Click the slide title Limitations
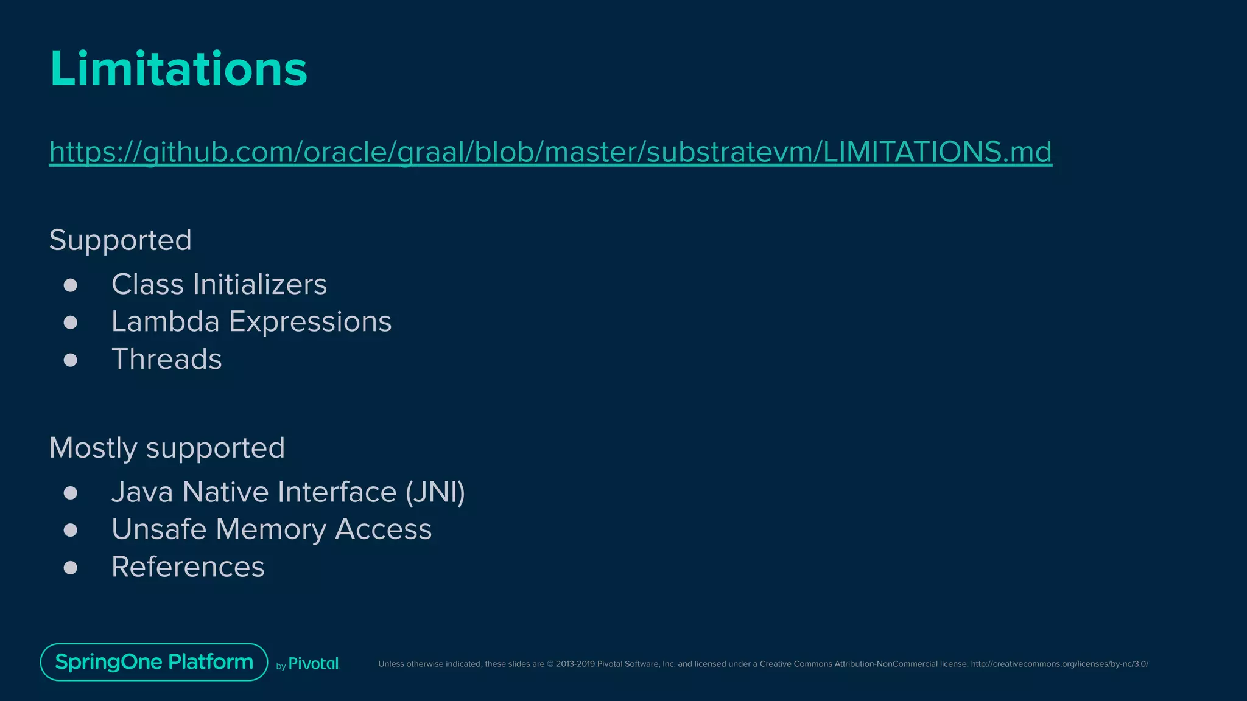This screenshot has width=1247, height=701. (178, 68)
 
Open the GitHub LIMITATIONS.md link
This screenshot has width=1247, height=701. (550, 152)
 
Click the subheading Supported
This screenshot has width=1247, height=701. (120, 240)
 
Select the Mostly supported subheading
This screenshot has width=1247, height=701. (167, 448)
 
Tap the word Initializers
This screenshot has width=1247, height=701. (260, 285)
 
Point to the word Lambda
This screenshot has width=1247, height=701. (165, 321)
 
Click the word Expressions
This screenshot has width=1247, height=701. (310, 323)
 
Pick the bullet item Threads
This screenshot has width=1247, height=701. (166, 359)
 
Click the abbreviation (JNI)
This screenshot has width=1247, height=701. (435, 492)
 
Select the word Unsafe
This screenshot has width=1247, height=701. (159, 529)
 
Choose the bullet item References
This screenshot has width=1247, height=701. (188, 567)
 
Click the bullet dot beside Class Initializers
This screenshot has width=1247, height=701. (71, 285)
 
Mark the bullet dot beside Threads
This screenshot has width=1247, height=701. (71, 360)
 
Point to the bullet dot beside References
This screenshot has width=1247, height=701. (71, 568)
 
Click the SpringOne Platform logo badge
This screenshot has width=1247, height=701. (154, 662)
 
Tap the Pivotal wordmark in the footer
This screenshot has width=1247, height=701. (313, 664)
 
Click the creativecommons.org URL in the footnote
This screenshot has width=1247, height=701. (1059, 664)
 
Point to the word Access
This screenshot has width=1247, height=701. (383, 529)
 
